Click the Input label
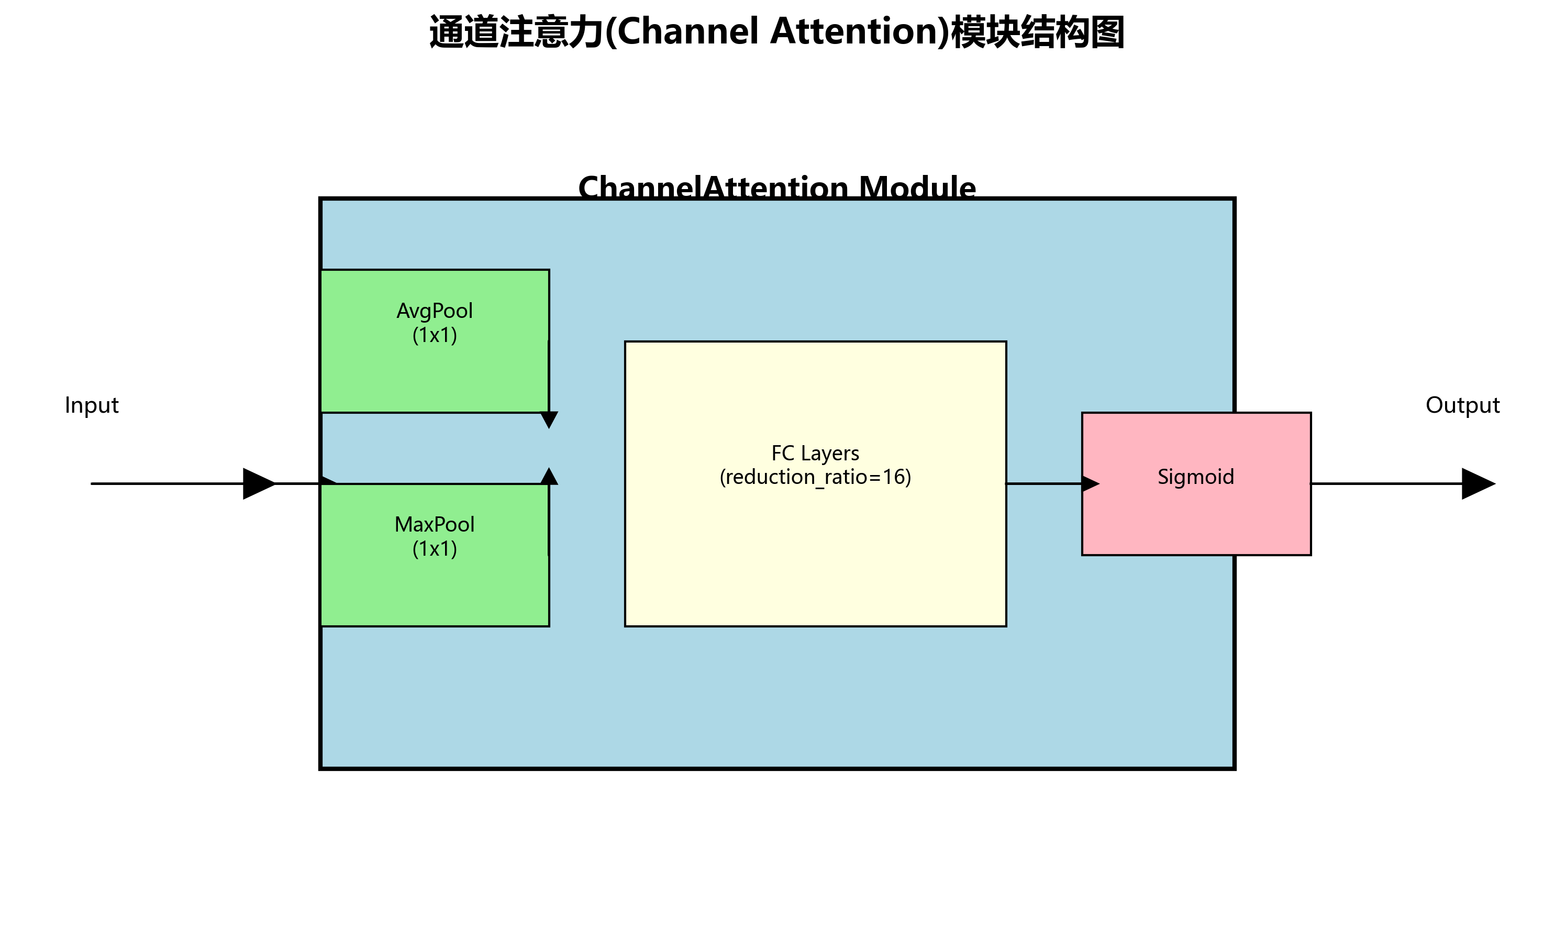click(91, 405)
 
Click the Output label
click(1462, 405)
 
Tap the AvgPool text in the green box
click(435, 311)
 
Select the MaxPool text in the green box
click(435, 525)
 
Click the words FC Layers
click(815, 454)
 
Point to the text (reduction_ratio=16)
click(815, 478)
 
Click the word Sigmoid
click(1195, 477)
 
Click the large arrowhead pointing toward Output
click(1476, 483)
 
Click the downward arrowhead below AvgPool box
click(549, 419)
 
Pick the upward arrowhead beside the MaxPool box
click(549, 477)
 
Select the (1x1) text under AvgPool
click(435, 335)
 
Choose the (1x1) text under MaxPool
click(435, 549)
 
